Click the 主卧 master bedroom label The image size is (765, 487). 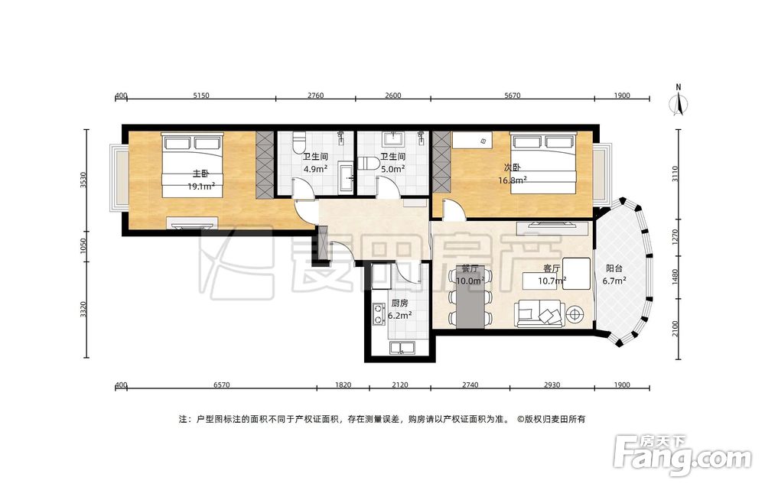click(200, 174)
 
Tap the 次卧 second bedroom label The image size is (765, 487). click(513, 167)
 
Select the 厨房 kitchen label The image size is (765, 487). click(399, 304)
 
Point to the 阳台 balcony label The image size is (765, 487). click(614, 268)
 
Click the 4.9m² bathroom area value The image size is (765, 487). click(315, 169)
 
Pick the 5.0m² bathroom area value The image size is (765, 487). click(393, 169)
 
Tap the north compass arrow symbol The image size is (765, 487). click(678, 102)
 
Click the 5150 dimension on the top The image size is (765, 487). click(201, 96)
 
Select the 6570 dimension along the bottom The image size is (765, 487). click(222, 385)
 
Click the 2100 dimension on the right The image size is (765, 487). click(675, 329)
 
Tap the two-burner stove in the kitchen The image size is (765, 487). click(378, 314)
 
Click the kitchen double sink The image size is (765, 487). click(402, 348)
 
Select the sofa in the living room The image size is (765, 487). click(540, 314)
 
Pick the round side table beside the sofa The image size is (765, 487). click(575, 314)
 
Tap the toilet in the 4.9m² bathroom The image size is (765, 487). click(298, 142)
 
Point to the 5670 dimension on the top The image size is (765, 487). click(513, 96)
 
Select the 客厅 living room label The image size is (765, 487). click(552, 268)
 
